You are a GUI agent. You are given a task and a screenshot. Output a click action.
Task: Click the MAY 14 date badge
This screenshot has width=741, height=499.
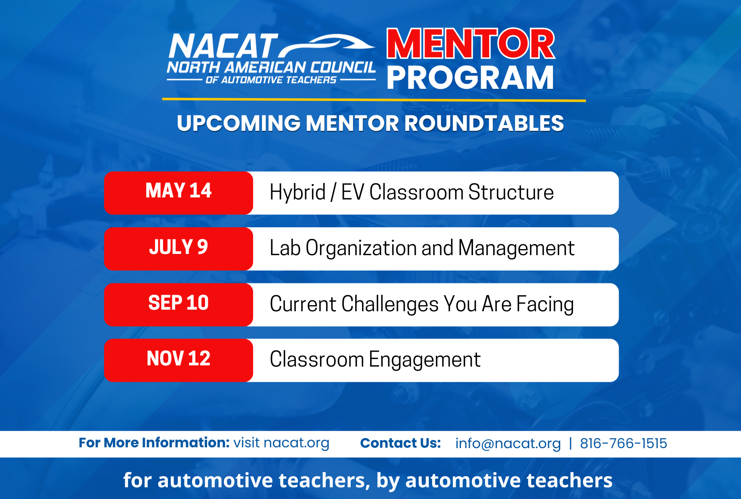click(178, 193)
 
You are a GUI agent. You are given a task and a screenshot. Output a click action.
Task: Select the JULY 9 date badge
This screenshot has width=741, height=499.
click(178, 249)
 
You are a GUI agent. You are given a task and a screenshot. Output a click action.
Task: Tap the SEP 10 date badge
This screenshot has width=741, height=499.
click(178, 304)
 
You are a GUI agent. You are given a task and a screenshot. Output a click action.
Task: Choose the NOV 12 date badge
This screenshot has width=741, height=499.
click(178, 360)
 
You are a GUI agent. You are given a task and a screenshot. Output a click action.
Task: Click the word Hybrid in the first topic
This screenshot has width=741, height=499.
click(297, 193)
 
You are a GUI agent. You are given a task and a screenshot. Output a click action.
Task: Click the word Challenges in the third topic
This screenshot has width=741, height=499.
click(390, 305)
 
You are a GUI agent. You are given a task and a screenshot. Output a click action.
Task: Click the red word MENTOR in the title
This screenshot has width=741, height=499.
click(471, 44)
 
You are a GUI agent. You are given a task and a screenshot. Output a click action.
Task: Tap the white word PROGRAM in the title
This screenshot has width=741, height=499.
click(470, 78)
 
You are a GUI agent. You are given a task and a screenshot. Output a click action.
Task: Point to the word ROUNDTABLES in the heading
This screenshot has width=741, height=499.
click(484, 123)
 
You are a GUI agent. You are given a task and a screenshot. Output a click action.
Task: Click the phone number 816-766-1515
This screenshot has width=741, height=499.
click(624, 443)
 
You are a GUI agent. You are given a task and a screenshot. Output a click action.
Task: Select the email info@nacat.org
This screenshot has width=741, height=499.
click(508, 444)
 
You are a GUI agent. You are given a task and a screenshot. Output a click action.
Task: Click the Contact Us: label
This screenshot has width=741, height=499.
click(400, 443)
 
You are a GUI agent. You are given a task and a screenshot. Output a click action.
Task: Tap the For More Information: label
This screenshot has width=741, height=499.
click(154, 442)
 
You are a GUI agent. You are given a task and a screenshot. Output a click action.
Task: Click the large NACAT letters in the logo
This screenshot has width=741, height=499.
click(223, 46)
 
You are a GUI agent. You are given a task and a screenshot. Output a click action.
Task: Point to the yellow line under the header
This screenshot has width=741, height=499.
click(374, 99)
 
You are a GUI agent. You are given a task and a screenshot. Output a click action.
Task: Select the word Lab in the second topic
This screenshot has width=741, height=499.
click(285, 248)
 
